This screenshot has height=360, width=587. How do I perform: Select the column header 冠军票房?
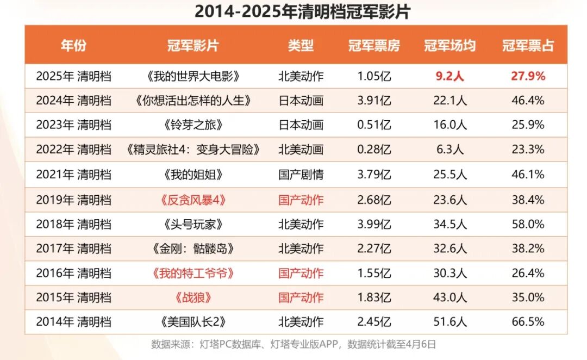(x=374, y=46)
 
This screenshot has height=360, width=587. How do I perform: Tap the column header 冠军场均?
(x=449, y=46)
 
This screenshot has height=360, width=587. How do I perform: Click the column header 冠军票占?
(x=528, y=46)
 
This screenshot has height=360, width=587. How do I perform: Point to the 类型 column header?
(x=301, y=46)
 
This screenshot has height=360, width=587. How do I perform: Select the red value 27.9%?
(x=528, y=76)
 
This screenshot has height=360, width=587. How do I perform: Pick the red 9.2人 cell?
(x=449, y=76)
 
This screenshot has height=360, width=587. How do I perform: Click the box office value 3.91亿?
(x=374, y=101)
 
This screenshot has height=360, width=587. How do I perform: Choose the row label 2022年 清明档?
(x=74, y=150)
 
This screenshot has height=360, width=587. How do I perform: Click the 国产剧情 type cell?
(x=301, y=175)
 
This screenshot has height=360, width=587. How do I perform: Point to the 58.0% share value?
(x=528, y=224)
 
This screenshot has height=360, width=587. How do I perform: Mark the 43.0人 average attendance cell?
(x=449, y=297)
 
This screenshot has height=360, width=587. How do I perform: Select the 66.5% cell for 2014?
(x=528, y=322)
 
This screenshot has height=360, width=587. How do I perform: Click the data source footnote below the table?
(x=293, y=344)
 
